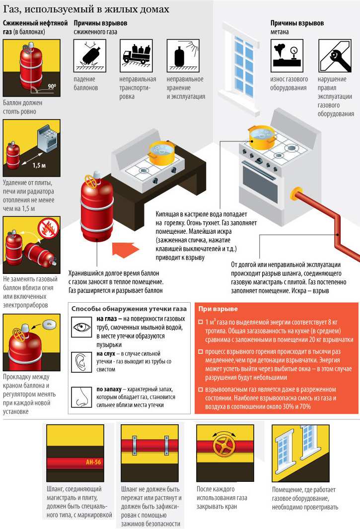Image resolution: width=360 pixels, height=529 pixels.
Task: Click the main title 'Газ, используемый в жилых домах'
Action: [x=86, y=9]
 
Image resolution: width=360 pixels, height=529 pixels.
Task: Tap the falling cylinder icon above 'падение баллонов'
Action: [x=90, y=56]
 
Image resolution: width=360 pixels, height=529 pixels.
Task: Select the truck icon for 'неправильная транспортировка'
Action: [x=136, y=56]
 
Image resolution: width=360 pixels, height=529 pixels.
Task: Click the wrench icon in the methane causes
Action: [x=335, y=56]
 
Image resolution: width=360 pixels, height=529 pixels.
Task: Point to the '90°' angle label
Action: [x=52, y=86]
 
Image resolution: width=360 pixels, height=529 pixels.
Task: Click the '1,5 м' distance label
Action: [x=39, y=165]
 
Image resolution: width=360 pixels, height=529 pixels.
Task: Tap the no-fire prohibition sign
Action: [x=49, y=228]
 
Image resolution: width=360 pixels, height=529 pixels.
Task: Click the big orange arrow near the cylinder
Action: [x=125, y=250]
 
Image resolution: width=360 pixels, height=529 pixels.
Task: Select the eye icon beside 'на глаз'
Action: [x=81, y=327]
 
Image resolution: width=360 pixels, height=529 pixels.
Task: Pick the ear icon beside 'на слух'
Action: [x=81, y=362]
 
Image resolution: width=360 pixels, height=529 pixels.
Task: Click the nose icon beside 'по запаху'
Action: [x=81, y=397]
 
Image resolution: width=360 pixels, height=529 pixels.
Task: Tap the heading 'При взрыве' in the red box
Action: [x=218, y=309]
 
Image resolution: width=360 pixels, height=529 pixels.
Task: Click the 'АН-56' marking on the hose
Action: [x=93, y=462]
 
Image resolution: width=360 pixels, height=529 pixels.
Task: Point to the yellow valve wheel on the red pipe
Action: [x=224, y=445]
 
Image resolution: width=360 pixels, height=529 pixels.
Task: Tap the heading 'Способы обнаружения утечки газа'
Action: [x=129, y=309]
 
